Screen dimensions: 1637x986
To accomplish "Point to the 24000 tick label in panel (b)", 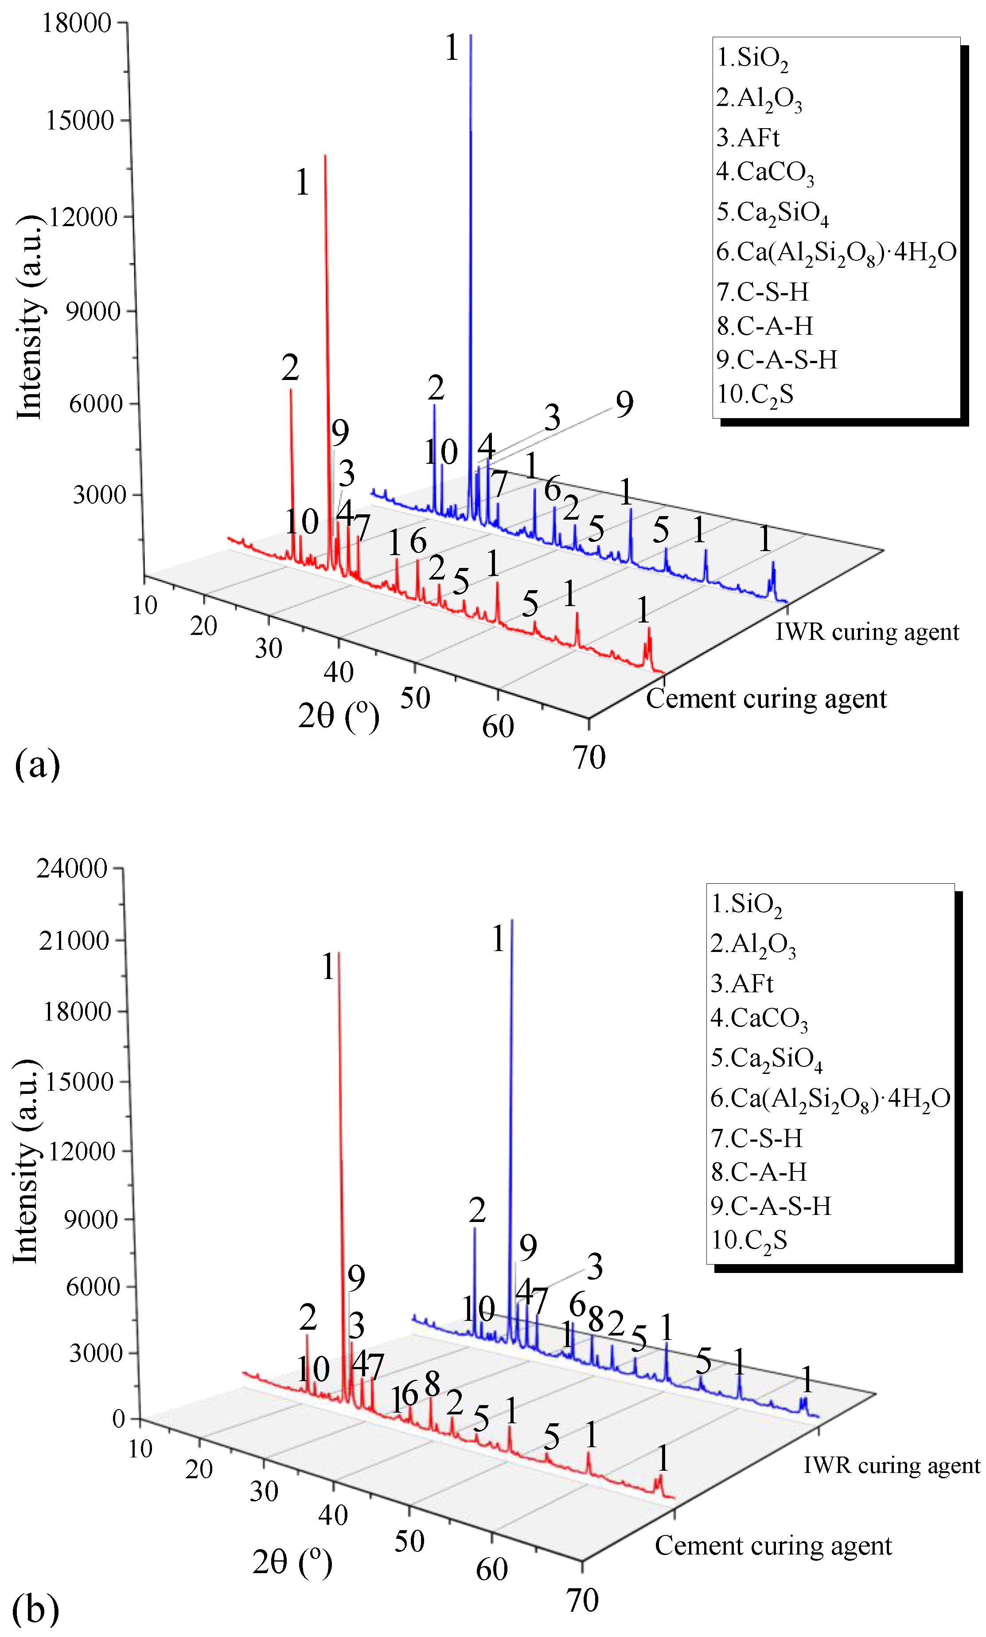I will (72, 868).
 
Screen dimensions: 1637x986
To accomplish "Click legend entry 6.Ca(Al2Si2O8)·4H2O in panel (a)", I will (835, 252).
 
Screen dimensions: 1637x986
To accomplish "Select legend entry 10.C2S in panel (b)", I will (748, 1240).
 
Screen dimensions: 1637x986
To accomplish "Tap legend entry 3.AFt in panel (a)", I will (747, 137).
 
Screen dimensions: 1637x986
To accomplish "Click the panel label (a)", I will (37, 764).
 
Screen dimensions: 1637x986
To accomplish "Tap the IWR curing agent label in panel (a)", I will (866, 632).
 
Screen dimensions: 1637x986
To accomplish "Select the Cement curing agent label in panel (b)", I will (773, 1545).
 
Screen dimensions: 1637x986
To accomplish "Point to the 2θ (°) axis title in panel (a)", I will (339, 716).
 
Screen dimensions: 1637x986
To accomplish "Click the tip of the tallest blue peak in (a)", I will (471, 35).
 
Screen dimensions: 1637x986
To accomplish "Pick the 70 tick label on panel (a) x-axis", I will (589, 757).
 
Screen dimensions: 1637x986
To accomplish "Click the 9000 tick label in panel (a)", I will (92, 311).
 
